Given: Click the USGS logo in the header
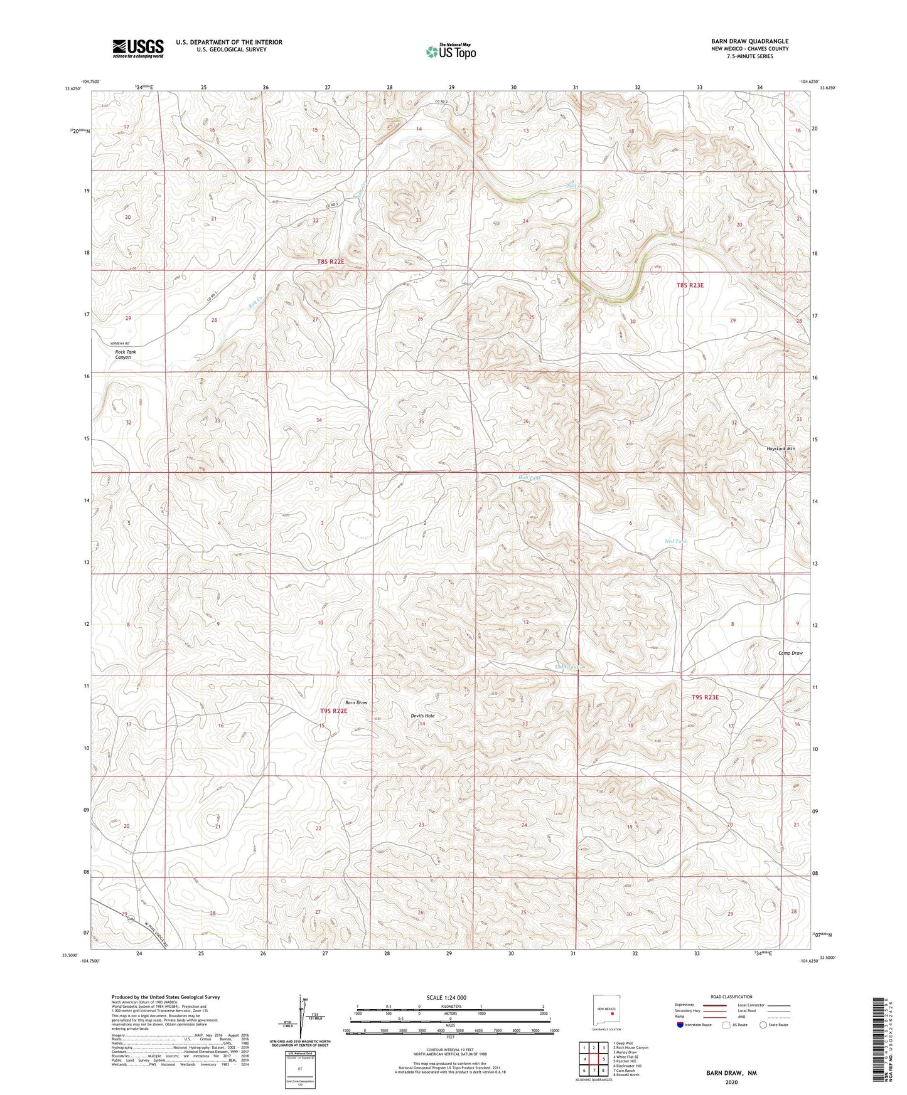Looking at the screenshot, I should click(x=138, y=48).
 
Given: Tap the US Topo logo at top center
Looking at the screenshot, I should click(x=450, y=51).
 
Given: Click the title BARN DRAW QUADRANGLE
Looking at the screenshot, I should click(x=749, y=41).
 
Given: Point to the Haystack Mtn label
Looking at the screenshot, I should click(x=780, y=449).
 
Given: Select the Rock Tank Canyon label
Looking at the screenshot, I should click(x=125, y=354).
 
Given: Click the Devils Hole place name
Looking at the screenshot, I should click(x=422, y=716).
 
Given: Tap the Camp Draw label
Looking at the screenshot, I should click(x=790, y=653).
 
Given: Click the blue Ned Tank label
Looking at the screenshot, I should click(x=675, y=541).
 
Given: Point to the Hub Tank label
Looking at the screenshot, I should click(x=529, y=478).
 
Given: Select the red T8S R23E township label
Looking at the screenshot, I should click(x=690, y=285).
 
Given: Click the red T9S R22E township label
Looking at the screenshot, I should click(x=333, y=711).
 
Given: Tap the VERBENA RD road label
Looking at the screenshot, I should click(x=118, y=344).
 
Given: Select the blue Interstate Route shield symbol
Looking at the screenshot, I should click(x=680, y=1025).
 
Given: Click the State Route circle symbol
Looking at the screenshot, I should click(x=763, y=1025).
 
